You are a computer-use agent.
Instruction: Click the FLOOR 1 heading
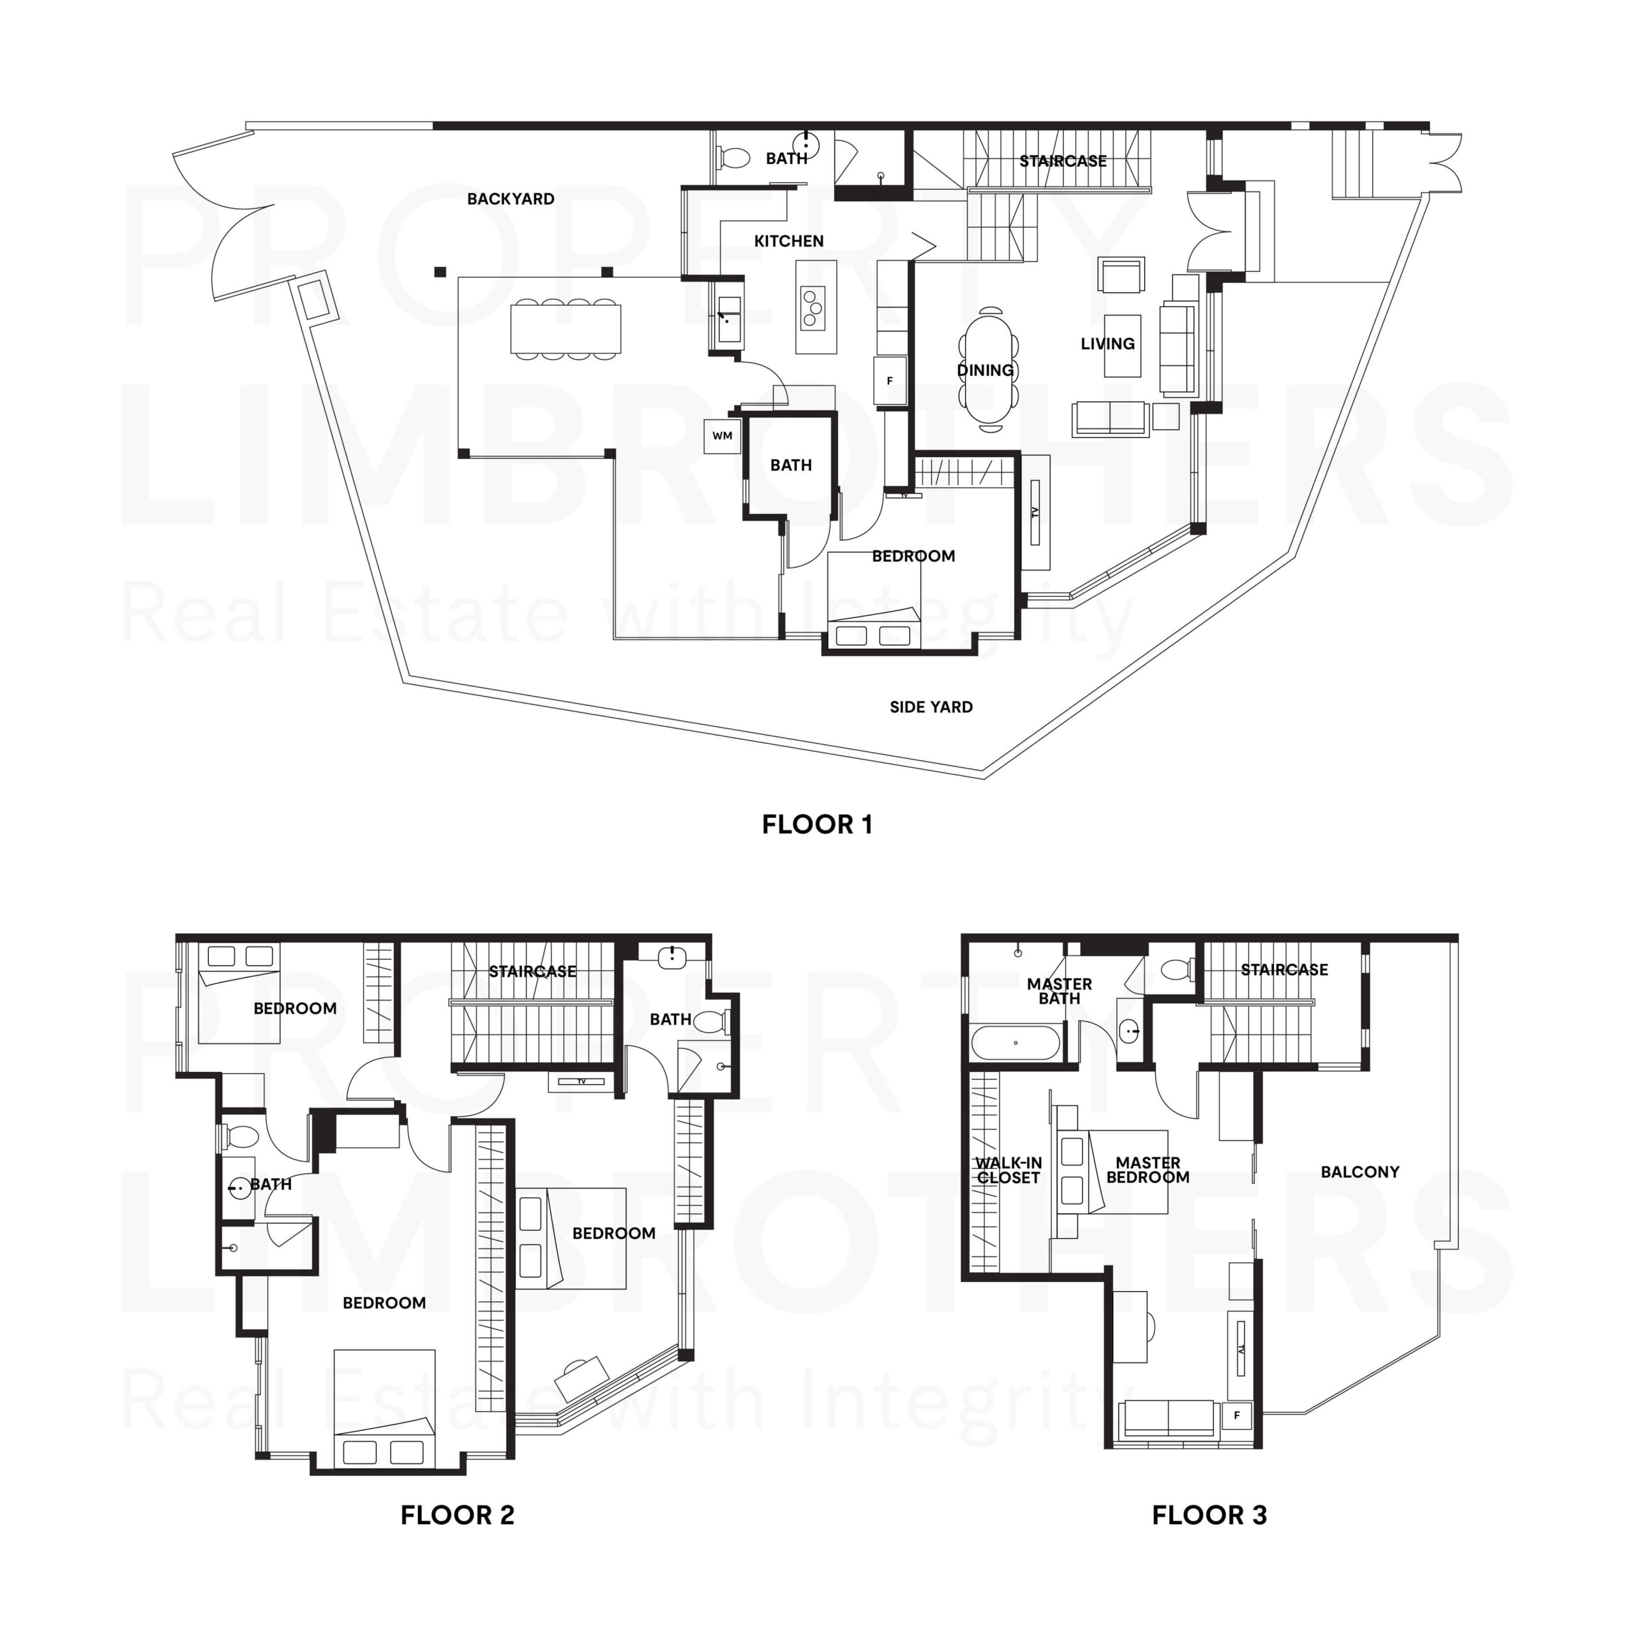click(x=816, y=825)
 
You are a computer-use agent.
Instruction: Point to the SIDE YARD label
click(x=931, y=707)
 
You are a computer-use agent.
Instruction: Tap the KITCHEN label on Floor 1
click(x=788, y=242)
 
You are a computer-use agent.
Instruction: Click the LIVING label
click(x=1107, y=344)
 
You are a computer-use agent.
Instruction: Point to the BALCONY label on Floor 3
click(x=1359, y=1172)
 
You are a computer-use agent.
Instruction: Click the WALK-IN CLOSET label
click(x=1008, y=1171)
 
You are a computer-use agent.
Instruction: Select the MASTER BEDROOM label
click(x=1147, y=1171)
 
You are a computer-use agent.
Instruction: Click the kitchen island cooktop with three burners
click(x=814, y=307)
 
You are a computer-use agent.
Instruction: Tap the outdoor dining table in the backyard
click(x=565, y=329)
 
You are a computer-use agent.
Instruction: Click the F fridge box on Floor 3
click(x=1236, y=1415)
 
